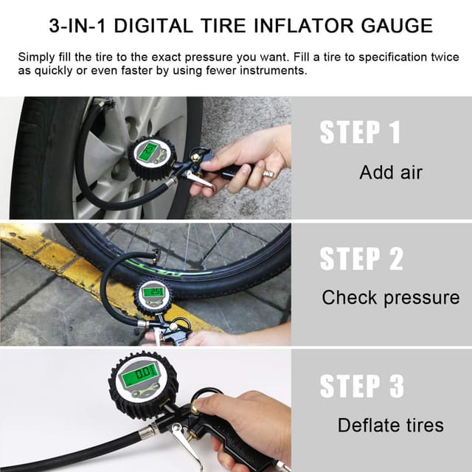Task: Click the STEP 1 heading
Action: tap(360, 133)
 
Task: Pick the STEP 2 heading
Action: tap(361, 259)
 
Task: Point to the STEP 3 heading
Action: tap(361, 386)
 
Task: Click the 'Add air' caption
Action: tap(391, 173)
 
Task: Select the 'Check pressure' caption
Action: tap(390, 298)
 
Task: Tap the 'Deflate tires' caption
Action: tap(390, 425)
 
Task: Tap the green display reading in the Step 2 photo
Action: tap(155, 292)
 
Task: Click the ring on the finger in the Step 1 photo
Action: tap(268, 174)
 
